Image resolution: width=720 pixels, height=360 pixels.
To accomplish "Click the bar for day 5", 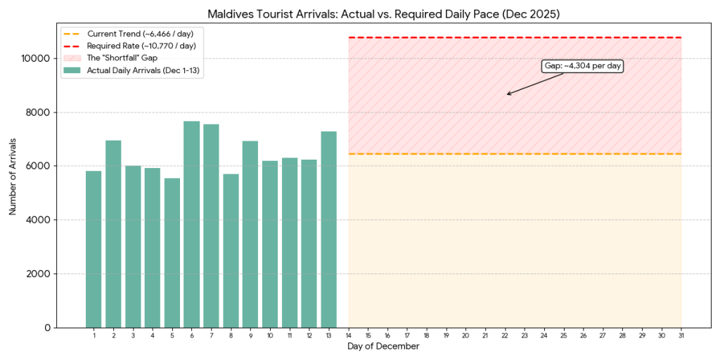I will point(172,253).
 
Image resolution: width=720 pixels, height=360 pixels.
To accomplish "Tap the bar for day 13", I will point(329,229).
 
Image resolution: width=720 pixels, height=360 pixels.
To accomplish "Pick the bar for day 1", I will point(94,249).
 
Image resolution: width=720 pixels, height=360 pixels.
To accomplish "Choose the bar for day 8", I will point(231,250).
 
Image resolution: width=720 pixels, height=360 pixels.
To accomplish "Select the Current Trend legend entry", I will point(130,33).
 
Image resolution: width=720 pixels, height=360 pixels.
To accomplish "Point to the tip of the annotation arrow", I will point(507,94).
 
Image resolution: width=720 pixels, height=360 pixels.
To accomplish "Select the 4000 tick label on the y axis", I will point(40,220).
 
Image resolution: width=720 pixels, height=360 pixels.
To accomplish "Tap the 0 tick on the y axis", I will point(47,328).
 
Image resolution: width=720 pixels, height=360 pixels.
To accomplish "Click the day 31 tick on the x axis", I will point(681,335).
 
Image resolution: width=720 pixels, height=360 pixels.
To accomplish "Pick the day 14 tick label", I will point(349,335).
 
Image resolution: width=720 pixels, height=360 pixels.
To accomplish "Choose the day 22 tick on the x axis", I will point(505,335).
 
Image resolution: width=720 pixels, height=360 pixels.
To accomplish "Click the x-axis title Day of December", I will point(383,347).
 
